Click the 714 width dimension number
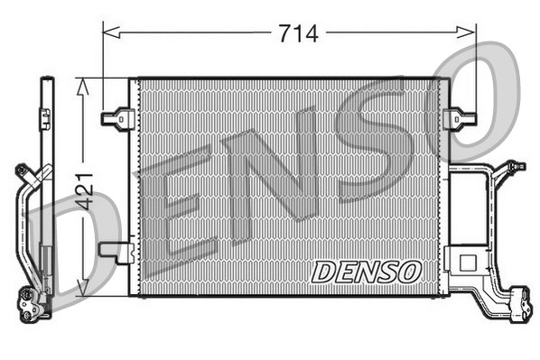[x=298, y=33]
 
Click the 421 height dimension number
[x=84, y=190]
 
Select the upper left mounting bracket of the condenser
[x=117, y=117]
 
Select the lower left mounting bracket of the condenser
[x=116, y=252]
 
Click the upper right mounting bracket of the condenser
[x=461, y=117]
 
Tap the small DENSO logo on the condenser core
[x=366, y=270]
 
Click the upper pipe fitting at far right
[x=515, y=167]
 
